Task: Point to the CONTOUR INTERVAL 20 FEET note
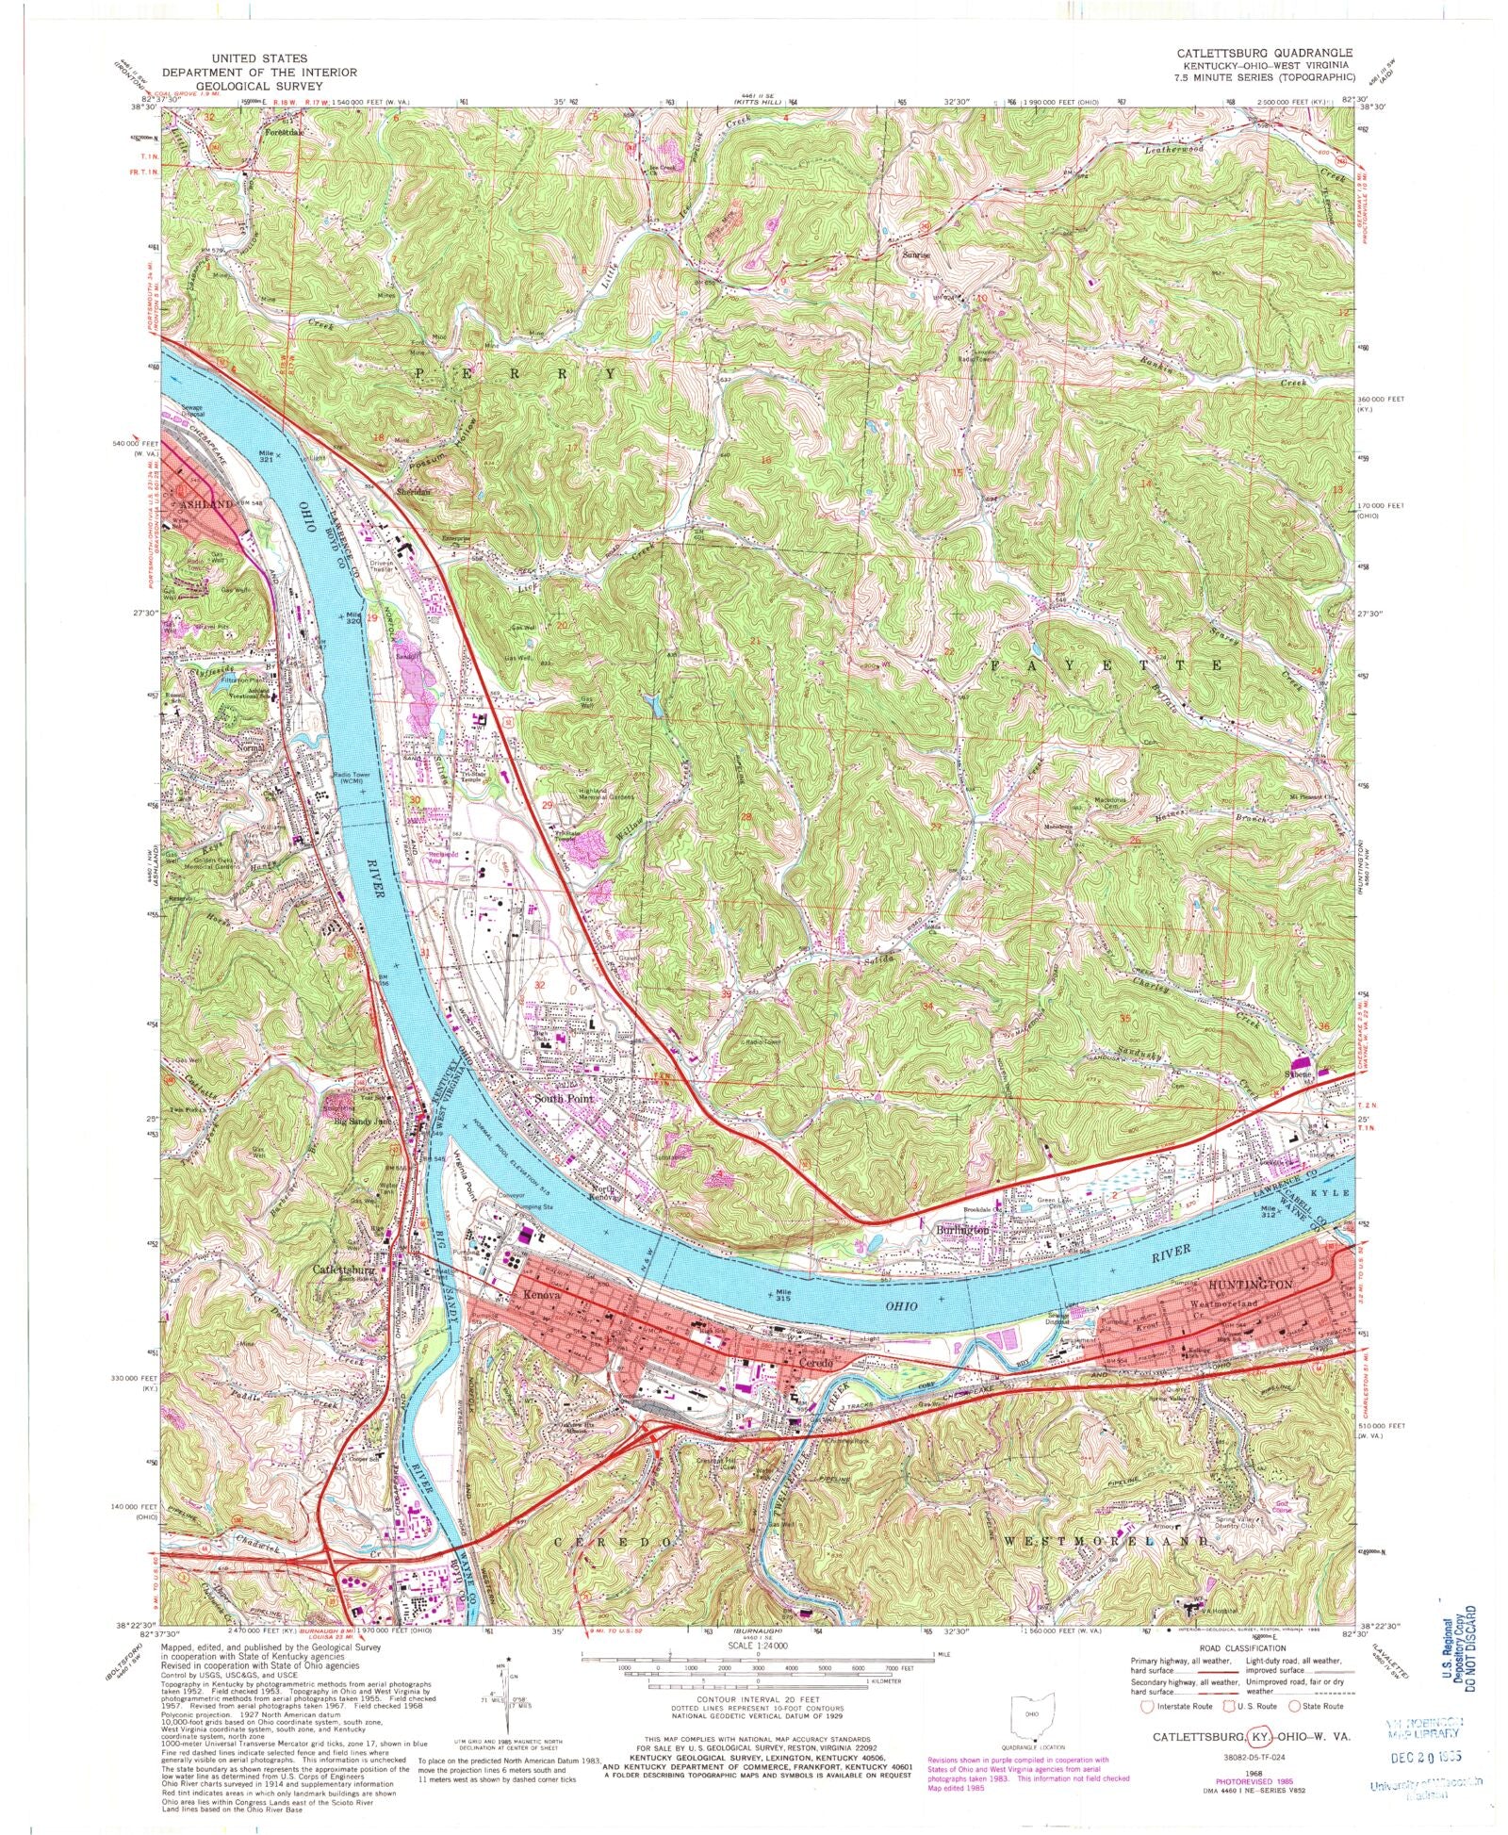752,1698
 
